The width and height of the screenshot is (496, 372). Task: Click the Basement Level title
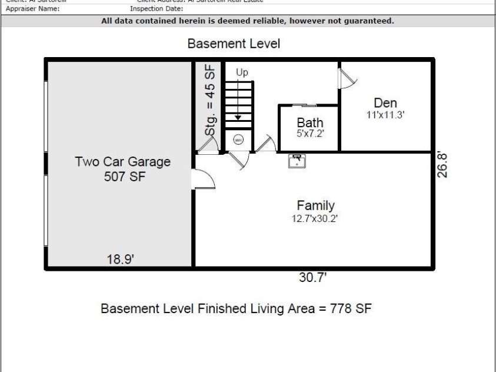[x=234, y=44]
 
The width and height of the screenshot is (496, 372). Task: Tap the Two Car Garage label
[x=122, y=162]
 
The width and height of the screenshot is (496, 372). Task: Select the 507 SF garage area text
[x=122, y=177]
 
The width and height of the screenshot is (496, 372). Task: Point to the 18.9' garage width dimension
[x=121, y=260]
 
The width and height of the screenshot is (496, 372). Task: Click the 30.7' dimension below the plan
[x=312, y=278]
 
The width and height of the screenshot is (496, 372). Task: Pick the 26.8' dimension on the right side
[x=443, y=165]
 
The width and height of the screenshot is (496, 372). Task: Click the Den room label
[x=385, y=104]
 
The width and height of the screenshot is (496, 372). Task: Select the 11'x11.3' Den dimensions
[x=385, y=115]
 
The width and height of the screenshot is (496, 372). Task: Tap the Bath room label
[x=309, y=122]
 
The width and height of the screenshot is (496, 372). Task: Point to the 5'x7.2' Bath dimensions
[x=309, y=134]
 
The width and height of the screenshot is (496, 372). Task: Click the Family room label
[x=315, y=205]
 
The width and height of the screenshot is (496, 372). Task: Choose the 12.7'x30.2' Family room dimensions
[x=315, y=218]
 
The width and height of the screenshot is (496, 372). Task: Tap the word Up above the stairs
[x=242, y=72]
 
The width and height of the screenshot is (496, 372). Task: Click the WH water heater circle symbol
[x=238, y=140]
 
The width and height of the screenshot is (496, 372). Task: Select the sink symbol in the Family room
[x=296, y=161]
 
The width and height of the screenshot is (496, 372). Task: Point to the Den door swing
[x=347, y=77]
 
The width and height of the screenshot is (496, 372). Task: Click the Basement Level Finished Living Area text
[x=236, y=308]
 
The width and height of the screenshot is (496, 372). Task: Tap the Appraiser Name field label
[x=32, y=9]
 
